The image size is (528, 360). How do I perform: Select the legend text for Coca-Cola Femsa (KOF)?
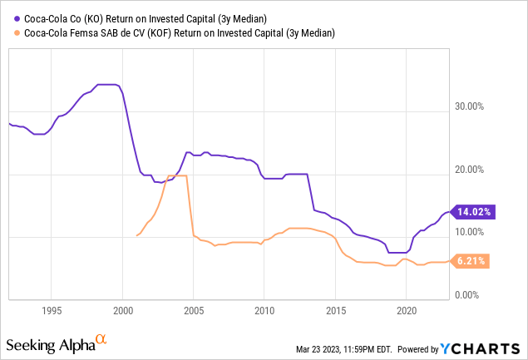coord(175,33)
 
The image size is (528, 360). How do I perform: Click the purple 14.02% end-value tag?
coord(471,212)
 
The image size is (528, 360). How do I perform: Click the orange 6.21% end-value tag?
coord(471,261)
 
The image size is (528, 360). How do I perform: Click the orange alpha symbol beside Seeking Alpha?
coord(101,339)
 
